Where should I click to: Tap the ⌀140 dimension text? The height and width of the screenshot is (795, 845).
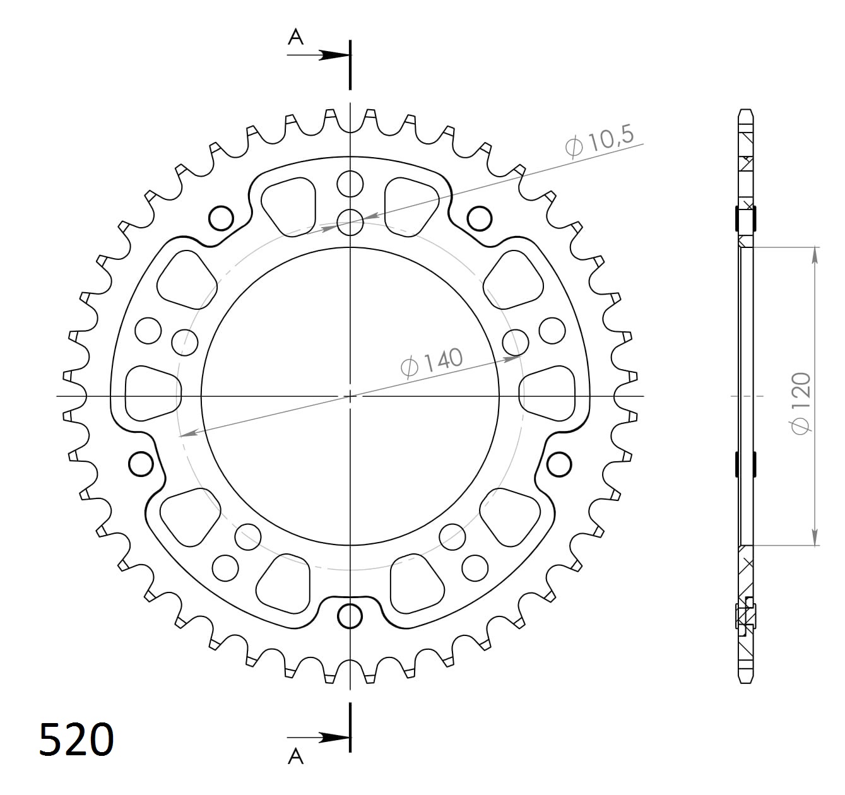[432, 362]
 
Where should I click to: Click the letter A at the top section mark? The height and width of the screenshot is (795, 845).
[295, 38]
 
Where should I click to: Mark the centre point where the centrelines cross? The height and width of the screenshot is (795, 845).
[350, 396]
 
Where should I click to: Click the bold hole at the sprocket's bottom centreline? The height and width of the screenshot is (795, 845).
[350, 616]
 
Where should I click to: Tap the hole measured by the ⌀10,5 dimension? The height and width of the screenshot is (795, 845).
[350, 221]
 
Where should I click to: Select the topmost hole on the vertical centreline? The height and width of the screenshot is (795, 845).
[350, 184]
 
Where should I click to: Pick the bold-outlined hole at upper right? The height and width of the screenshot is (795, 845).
[480, 218]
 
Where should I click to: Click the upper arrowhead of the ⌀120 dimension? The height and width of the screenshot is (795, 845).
[815, 254]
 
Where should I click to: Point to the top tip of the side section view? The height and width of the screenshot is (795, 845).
[745, 110]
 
